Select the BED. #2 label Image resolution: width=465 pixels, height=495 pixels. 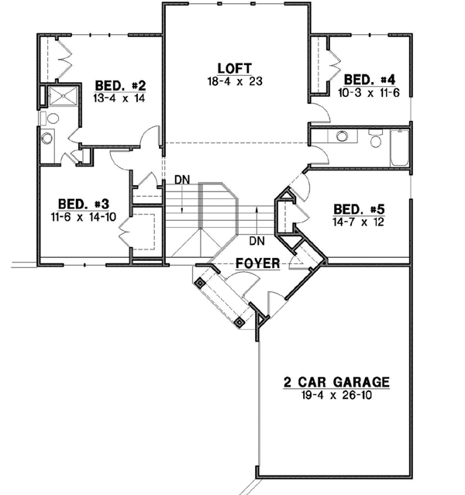tap(116, 84)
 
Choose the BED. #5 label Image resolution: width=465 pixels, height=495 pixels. tap(356, 208)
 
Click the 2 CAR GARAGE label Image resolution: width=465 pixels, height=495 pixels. tap(335, 382)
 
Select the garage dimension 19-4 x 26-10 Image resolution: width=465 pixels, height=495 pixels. tap(335, 395)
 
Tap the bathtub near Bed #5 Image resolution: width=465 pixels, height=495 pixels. tap(398, 148)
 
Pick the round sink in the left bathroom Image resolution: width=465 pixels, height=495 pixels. tap(46, 140)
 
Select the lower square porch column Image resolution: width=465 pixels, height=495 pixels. tap(240, 321)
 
